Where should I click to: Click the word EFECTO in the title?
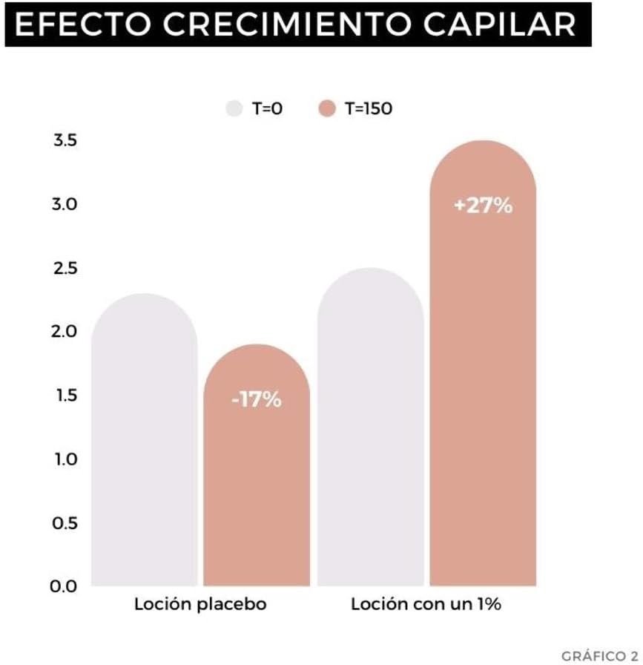[79, 25]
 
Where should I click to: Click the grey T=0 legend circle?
[234, 108]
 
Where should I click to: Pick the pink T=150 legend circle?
[327, 108]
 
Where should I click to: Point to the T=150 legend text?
[369, 108]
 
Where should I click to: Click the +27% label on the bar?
[483, 206]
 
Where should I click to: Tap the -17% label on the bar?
[257, 400]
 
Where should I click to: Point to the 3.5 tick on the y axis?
[65, 140]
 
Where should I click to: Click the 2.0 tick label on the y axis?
[65, 331]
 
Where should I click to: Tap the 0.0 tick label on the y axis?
[65, 586]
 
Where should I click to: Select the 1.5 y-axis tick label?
[65, 395]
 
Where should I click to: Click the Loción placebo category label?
[200, 604]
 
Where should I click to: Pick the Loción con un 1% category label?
[426, 604]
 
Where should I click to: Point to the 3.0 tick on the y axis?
[65, 204]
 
